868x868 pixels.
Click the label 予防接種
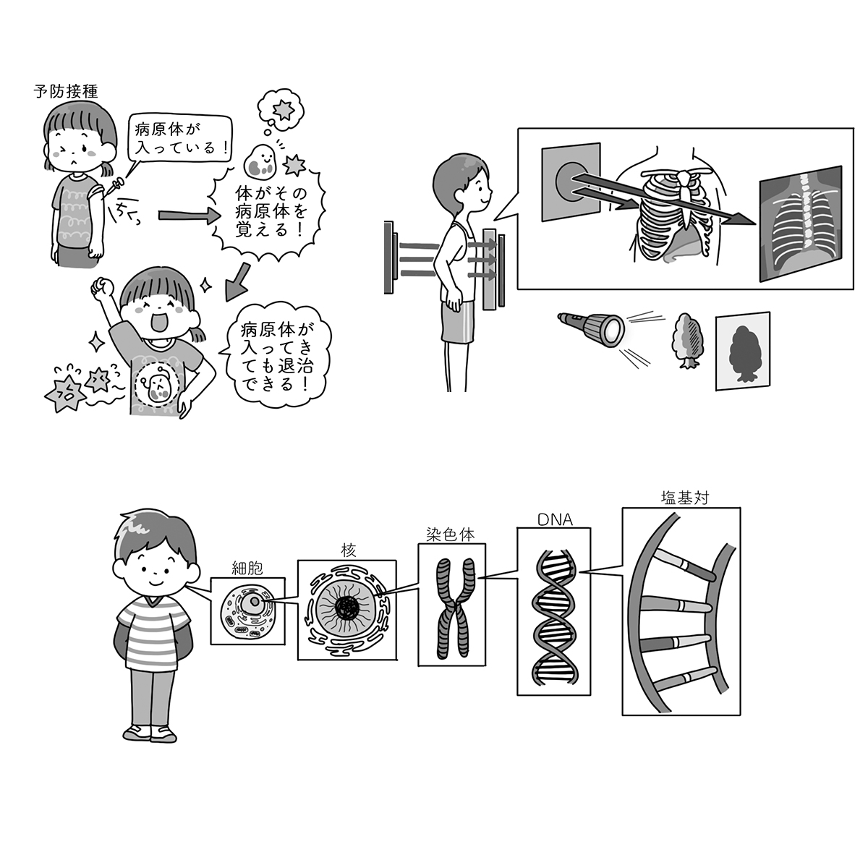tap(66, 92)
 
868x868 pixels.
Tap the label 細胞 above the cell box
tap(247, 569)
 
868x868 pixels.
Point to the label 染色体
tap(451, 535)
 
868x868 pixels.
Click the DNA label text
tap(555, 520)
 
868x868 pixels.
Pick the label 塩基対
tap(685, 498)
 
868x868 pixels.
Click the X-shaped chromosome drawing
tap(456, 609)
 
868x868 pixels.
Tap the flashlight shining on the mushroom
tap(591, 329)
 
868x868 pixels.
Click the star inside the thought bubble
tap(282, 110)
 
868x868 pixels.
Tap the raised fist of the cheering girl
tap(102, 285)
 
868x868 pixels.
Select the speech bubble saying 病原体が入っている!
tap(180, 140)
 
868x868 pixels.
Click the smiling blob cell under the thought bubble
tap(260, 161)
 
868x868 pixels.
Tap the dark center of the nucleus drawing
tap(347, 610)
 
